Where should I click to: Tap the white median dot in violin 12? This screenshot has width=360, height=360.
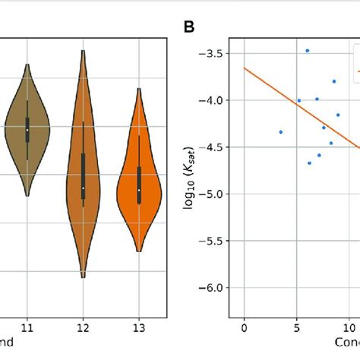pos(84,188)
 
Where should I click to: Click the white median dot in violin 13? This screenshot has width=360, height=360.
pos(139,189)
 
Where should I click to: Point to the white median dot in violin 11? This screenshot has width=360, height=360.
pos(27,130)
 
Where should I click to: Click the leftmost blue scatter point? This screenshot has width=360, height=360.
pos(280,132)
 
